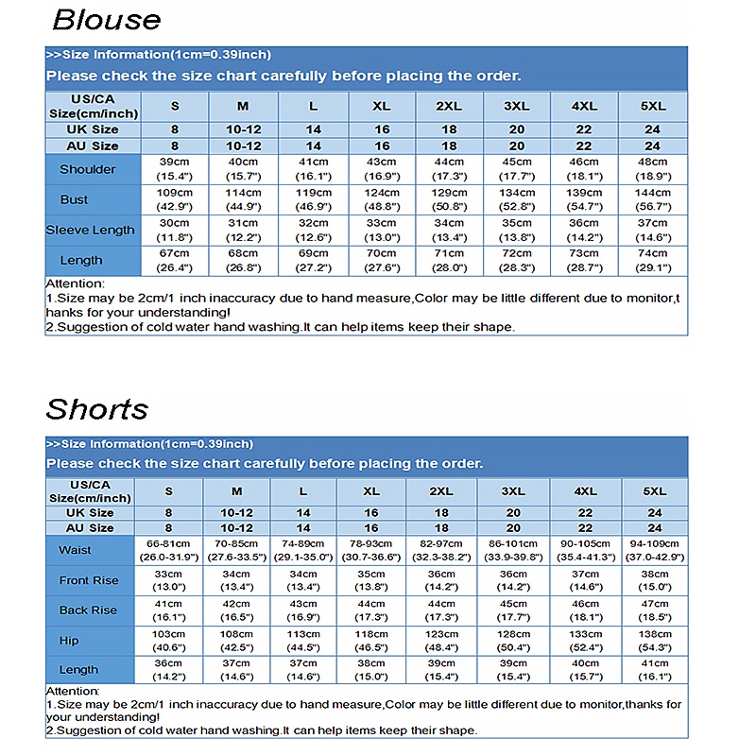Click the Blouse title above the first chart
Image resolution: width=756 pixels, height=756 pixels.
pos(106,19)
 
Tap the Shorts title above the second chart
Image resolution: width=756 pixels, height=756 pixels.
pos(97,409)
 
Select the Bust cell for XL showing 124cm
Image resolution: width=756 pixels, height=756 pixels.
pos(382,199)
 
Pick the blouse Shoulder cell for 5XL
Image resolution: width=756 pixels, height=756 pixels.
pos(652,169)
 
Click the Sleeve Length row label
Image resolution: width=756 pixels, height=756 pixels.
pos(90,230)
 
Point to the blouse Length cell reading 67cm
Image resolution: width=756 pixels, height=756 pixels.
pos(175,260)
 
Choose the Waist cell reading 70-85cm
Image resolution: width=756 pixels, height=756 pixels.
pos(236,550)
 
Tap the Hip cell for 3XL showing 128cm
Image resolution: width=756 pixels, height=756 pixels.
pos(513,640)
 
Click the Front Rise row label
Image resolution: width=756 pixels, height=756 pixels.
pos(89,580)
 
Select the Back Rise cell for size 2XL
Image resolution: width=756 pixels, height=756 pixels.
pos(441,610)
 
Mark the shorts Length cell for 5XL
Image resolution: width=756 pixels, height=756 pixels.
pos(654,669)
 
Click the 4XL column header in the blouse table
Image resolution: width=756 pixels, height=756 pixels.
pos(584,106)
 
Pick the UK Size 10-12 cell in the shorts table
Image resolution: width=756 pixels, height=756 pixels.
pos(236,513)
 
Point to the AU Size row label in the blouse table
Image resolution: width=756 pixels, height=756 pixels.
pos(92,146)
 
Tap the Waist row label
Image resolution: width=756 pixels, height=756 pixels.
pos(75,550)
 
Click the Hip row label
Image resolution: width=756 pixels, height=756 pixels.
pos(69,640)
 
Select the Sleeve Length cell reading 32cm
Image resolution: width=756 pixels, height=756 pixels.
pos(314,230)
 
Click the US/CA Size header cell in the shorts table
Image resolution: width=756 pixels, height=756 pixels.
pos(90,491)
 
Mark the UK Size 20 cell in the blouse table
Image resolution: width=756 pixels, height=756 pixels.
pos(517,129)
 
